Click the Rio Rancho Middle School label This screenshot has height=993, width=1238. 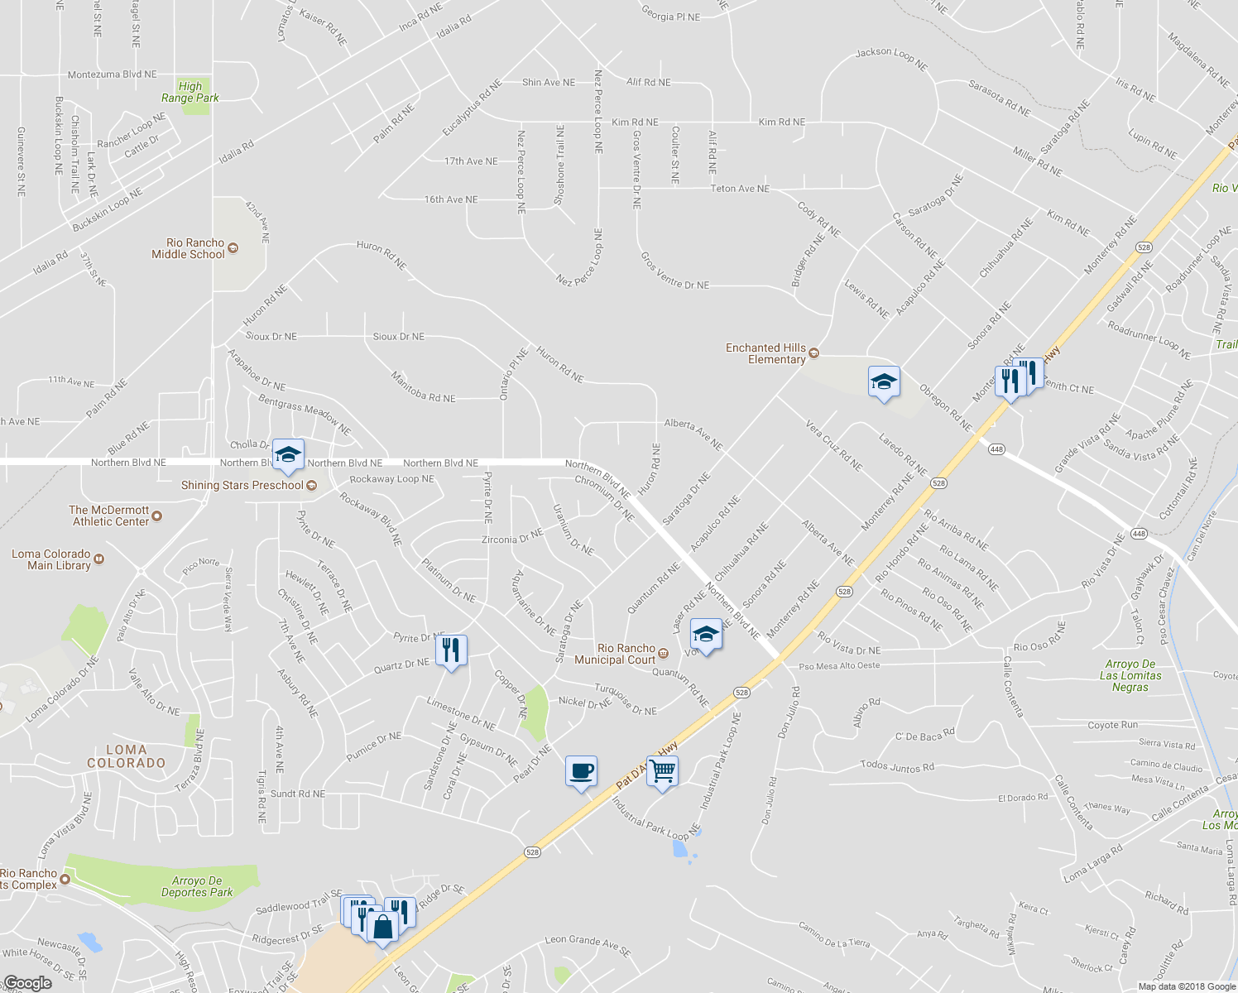[x=195, y=248]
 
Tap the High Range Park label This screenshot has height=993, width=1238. [x=190, y=92]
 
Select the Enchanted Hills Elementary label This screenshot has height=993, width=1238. [x=765, y=353]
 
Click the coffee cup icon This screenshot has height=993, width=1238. [x=581, y=771]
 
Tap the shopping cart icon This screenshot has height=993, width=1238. [x=663, y=771]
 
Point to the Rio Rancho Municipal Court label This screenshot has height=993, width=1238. [x=626, y=654]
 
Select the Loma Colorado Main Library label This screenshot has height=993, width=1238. [x=51, y=559]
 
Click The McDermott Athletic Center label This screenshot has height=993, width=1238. [x=109, y=516]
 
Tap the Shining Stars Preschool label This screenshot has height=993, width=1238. [x=242, y=486]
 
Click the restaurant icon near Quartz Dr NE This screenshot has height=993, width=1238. [x=451, y=650]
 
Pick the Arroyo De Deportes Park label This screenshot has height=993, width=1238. [x=197, y=886]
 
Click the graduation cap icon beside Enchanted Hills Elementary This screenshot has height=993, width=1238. [x=884, y=382]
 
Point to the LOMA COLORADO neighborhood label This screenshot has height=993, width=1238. [x=127, y=756]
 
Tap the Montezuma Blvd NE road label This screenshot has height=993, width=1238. [x=112, y=74]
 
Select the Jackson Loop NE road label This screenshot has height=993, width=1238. [x=891, y=58]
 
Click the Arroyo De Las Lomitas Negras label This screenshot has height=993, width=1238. [x=1130, y=675]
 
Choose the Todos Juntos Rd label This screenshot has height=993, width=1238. [x=897, y=766]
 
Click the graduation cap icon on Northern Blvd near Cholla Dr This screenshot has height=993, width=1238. [x=288, y=454]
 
